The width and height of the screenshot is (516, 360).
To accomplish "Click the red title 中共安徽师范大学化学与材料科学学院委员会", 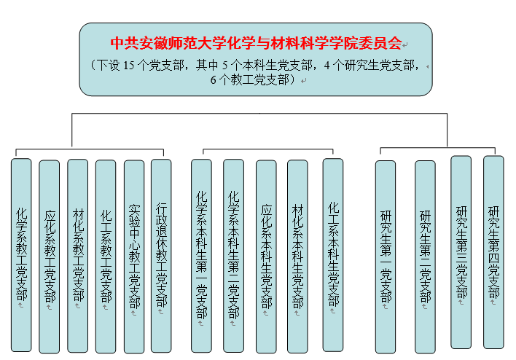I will tap(255, 43).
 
